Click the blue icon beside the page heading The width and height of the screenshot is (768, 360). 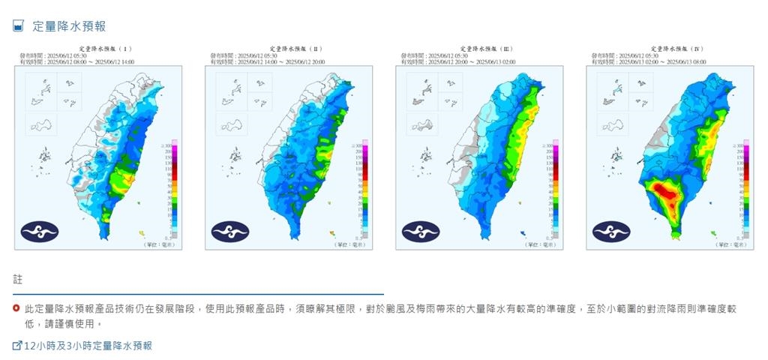pos(19,26)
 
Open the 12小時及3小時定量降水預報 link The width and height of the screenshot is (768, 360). pos(88,346)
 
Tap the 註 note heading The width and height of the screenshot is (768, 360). pos(18,280)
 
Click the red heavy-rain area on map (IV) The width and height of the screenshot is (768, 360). pos(664,193)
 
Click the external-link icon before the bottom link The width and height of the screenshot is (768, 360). pos(17,346)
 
